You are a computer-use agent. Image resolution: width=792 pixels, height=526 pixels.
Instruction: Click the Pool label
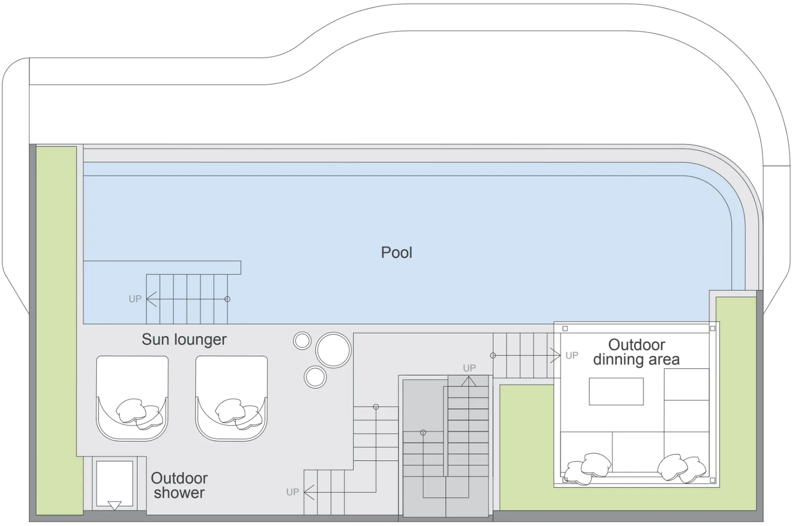click(396, 252)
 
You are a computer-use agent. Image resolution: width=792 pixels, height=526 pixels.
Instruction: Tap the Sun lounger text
click(184, 339)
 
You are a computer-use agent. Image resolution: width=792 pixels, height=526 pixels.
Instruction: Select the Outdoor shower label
click(179, 485)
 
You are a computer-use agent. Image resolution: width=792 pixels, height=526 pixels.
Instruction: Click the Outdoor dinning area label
click(637, 352)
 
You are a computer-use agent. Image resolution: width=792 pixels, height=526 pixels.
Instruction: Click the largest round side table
click(334, 350)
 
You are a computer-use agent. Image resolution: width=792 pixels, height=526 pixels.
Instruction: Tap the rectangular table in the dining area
click(616, 391)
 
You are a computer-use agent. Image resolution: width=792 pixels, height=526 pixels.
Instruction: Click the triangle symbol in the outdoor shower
click(114, 506)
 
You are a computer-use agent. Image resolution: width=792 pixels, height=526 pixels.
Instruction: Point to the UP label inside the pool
click(135, 299)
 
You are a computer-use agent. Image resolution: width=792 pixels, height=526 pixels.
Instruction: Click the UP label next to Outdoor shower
click(293, 492)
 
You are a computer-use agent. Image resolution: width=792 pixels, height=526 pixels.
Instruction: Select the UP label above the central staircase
click(469, 368)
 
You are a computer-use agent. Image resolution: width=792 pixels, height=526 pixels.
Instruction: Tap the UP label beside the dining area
click(572, 355)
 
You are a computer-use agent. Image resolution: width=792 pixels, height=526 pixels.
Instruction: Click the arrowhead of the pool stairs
click(151, 299)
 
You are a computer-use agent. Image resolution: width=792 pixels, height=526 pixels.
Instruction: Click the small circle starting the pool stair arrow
click(227, 299)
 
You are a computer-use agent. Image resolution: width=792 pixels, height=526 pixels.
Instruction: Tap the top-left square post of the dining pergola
click(565, 329)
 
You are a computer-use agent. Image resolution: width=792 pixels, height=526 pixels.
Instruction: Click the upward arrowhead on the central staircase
click(469, 381)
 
